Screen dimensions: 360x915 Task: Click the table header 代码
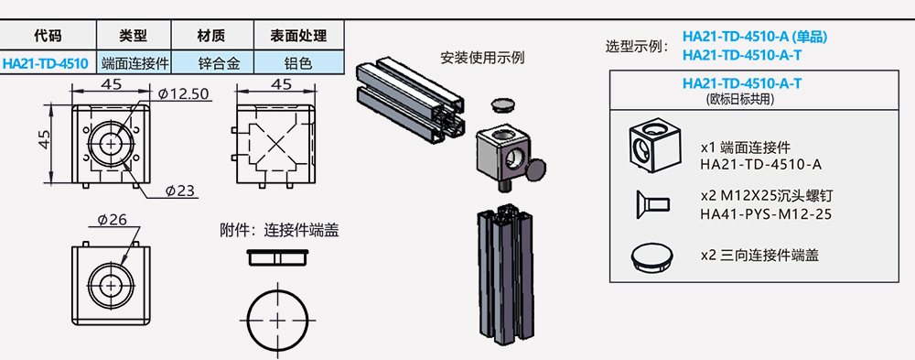tap(46, 36)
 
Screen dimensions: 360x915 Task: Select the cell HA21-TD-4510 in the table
tap(46, 63)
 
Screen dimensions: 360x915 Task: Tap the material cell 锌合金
tap(212, 63)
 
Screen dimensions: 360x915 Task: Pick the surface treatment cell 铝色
tap(299, 63)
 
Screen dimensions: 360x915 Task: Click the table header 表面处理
tap(299, 36)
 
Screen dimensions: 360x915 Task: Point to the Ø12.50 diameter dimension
tap(183, 94)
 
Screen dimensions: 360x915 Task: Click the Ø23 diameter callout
tap(180, 191)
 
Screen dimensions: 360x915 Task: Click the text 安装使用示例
tap(482, 58)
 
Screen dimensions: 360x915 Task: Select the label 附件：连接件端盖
tap(279, 230)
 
